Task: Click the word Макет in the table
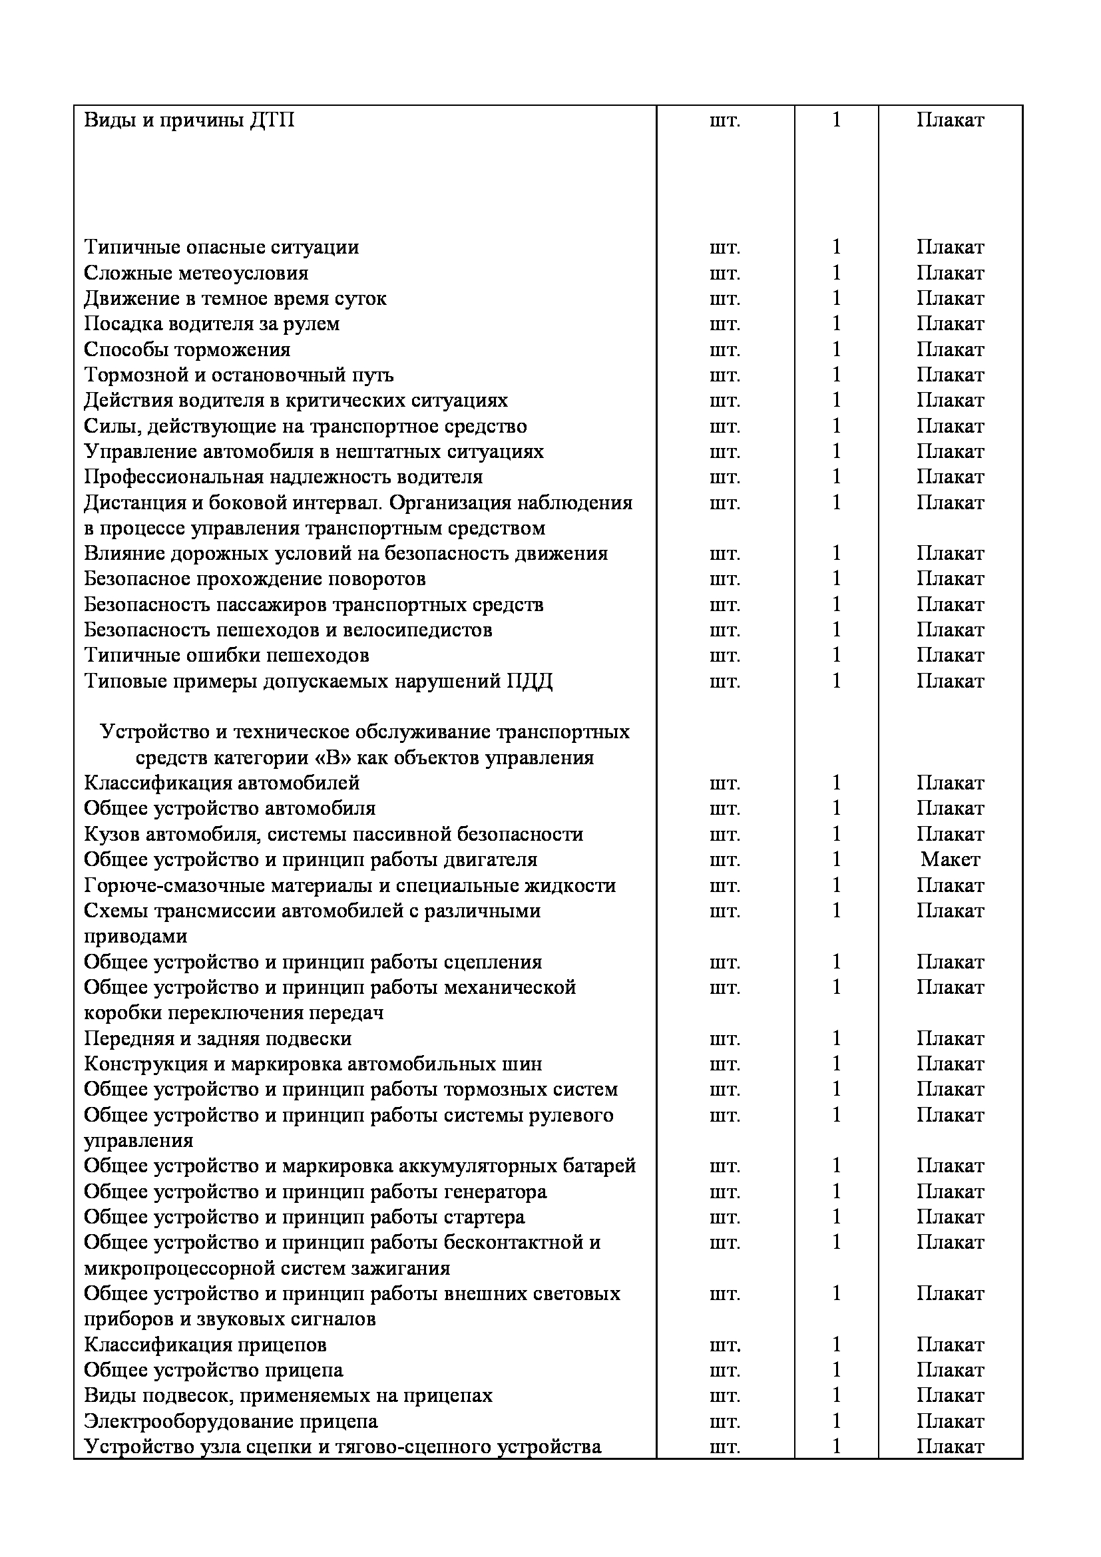pos(950,860)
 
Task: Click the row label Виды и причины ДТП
pos(189,120)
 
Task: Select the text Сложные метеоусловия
pos(196,273)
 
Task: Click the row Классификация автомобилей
pos(222,783)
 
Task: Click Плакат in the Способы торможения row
pos(950,349)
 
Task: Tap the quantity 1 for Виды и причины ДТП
pos(836,120)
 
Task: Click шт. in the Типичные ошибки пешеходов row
pos(725,656)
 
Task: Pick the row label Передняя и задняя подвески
pos(218,1038)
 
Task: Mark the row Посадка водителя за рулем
pos(212,324)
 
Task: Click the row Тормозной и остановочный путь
pos(239,375)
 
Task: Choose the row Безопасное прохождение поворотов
pos(255,579)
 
